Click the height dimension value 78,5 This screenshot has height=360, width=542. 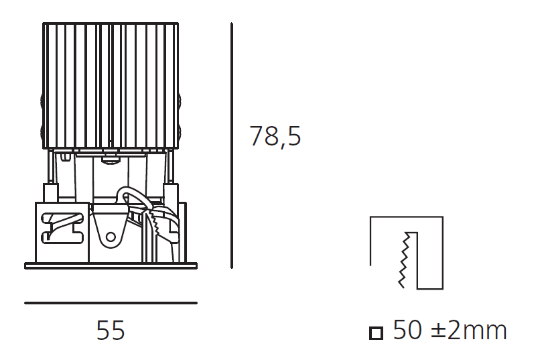275,137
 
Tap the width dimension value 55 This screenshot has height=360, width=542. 111,331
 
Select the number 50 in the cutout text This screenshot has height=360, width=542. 407,330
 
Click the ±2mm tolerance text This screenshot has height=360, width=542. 469,331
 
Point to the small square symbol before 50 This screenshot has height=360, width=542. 376,333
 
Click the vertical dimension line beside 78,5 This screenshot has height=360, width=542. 232,145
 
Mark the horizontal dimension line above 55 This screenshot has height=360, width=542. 111,303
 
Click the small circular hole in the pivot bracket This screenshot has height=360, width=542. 111,237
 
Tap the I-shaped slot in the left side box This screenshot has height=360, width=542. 62,228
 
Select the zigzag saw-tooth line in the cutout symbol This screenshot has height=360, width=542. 404,260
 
